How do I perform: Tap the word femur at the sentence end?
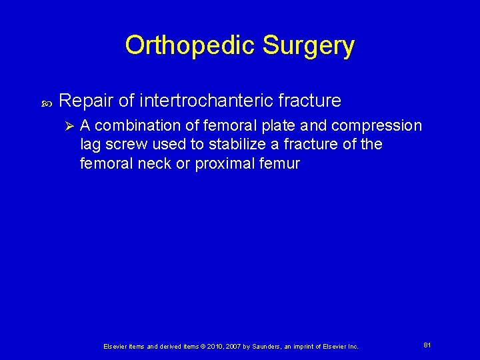[283, 164]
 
